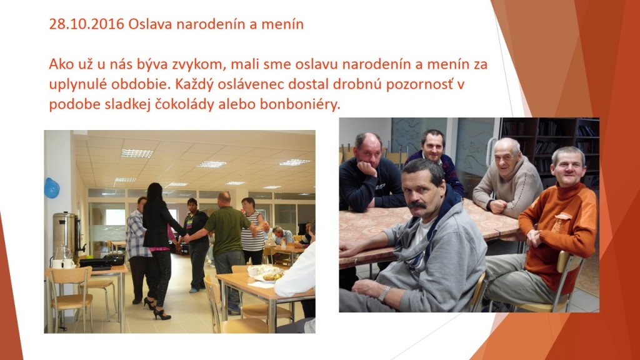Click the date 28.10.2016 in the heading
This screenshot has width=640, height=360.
click(x=86, y=24)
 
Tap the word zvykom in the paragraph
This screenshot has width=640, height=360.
click(x=196, y=65)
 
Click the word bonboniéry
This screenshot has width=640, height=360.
click(x=299, y=104)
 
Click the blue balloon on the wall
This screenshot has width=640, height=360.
click(x=52, y=188)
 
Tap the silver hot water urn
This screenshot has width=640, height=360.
click(x=66, y=236)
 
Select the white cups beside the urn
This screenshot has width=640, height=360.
click(x=63, y=264)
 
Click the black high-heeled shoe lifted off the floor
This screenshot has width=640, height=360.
click(x=162, y=314)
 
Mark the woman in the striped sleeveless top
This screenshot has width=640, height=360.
click(x=252, y=231)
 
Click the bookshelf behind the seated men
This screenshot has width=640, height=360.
click(x=550, y=147)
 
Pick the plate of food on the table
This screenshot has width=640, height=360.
click(x=267, y=274)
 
